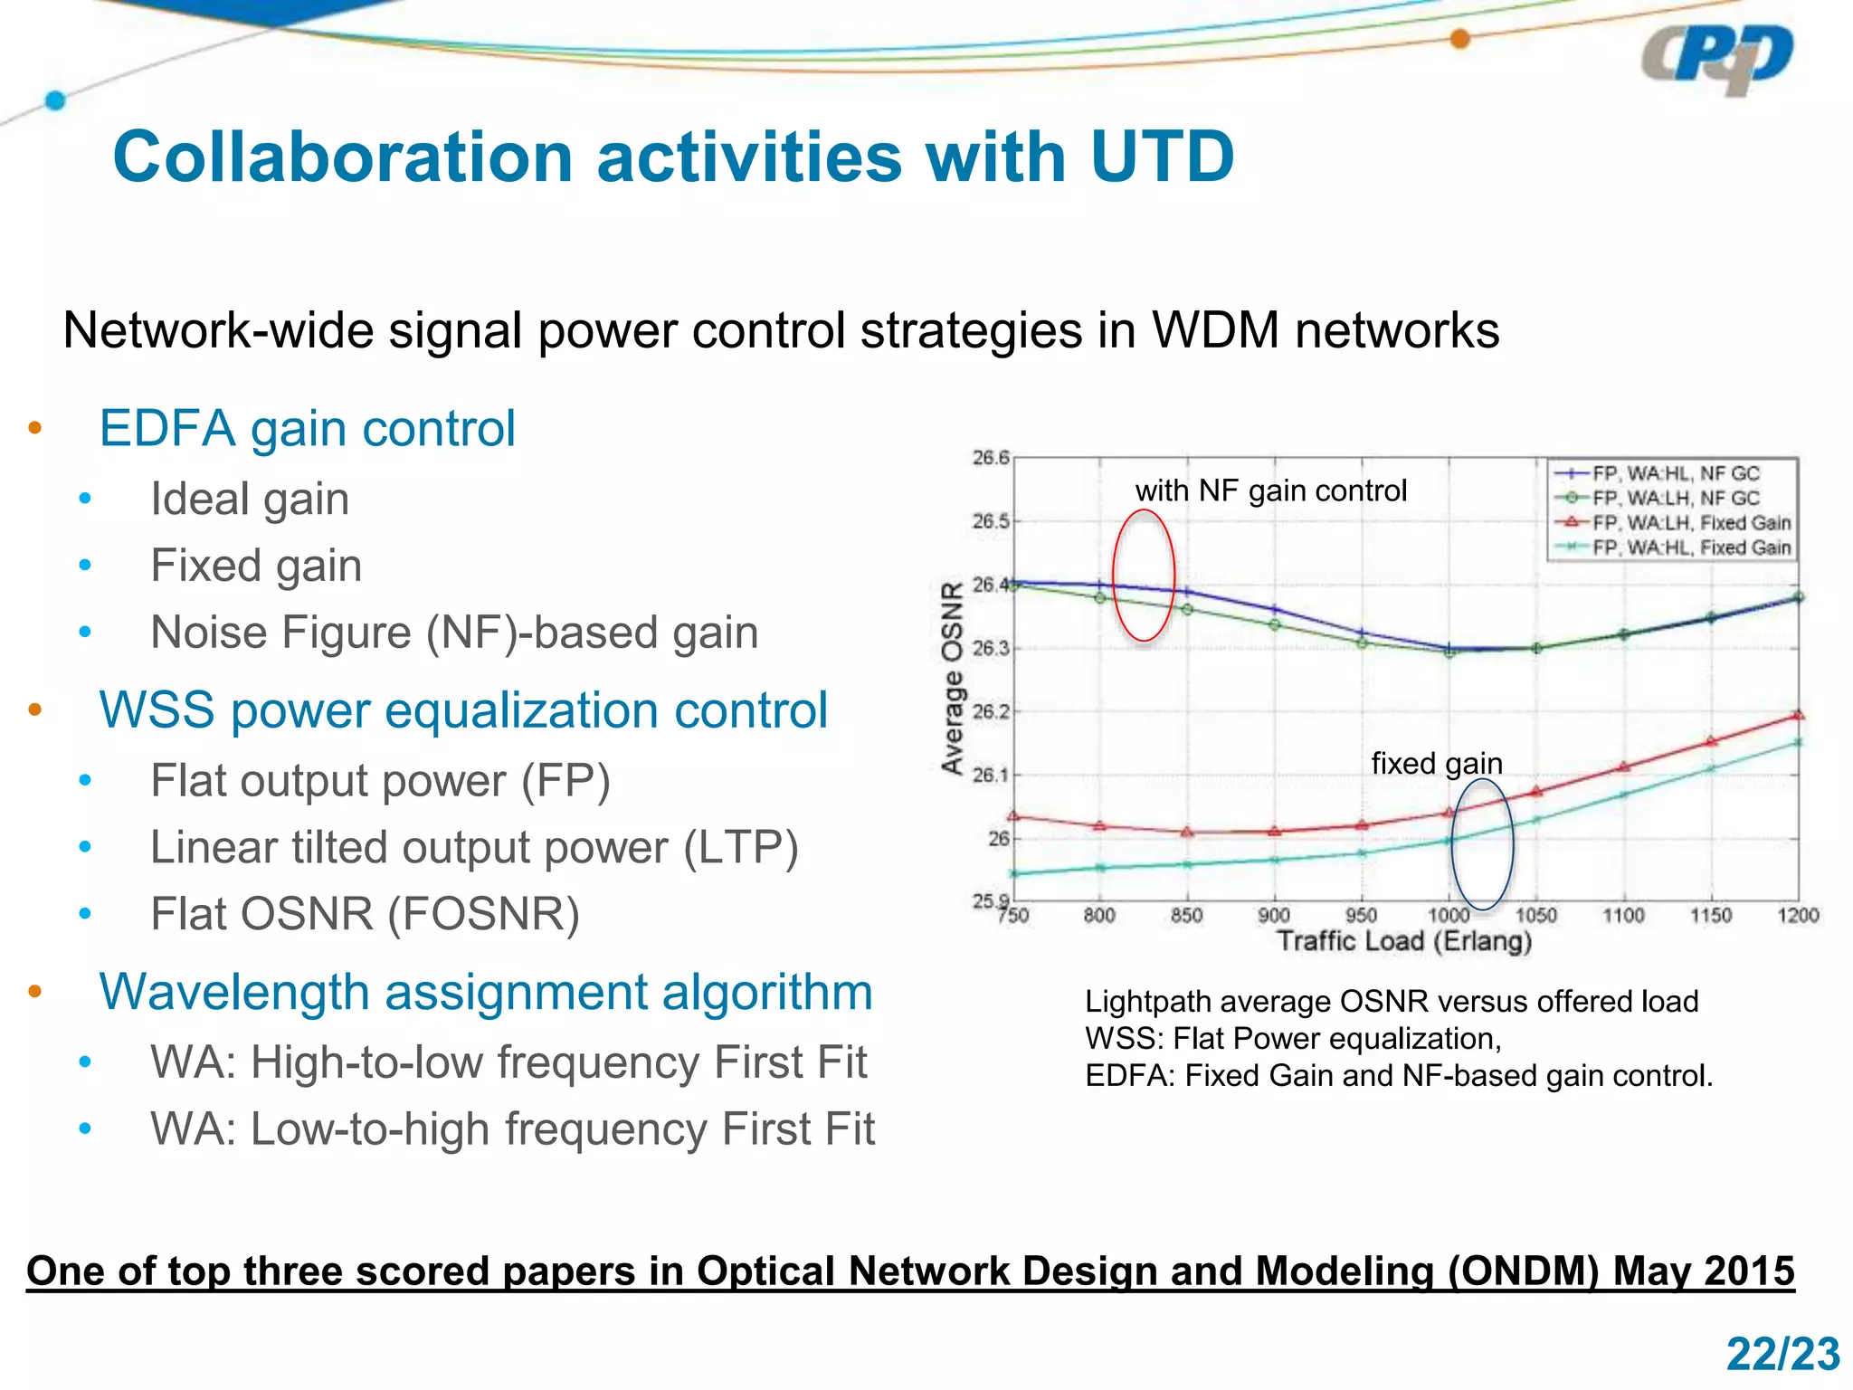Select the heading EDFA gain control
[x=307, y=428]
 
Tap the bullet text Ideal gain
[x=250, y=499]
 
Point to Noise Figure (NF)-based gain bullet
[x=454, y=632]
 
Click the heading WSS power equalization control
[x=463, y=709]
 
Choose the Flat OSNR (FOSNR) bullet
[x=365, y=913]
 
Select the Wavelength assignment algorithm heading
[x=486, y=992]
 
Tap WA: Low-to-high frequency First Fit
[x=512, y=1128]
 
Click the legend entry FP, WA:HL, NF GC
[x=1675, y=473]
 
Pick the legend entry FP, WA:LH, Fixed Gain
[x=1690, y=522]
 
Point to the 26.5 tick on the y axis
[x=990, y=521]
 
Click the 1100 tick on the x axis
[x=1623, y=916]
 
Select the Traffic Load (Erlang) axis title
[x=1404, y=941]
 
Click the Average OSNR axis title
[x=951, y=679]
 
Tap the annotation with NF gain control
[x=1270, y=490]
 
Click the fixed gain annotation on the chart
[x=1436, y=763]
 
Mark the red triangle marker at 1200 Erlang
[x=1798, y=715]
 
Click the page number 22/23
[x=1782, y=1355]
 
